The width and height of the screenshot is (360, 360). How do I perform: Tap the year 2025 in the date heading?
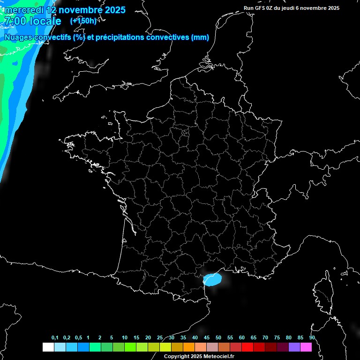[x=112, y=9]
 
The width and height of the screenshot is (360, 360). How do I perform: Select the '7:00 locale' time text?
[x=33, y=21]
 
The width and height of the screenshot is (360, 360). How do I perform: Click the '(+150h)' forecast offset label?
[x=83, y=21]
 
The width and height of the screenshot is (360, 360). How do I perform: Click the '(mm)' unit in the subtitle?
[x=200, y=37]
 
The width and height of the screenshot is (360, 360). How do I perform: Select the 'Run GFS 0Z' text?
[x=259, y=8]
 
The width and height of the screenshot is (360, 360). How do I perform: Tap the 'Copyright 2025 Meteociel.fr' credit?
[x=199, y=356]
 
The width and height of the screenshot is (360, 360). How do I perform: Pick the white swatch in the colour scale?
[x=48, y=347]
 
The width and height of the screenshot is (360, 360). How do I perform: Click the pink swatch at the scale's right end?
[x=306, y=347]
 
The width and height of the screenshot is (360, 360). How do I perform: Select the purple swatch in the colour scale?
[x=294, y=347]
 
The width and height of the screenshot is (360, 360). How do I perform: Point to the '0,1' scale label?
[x=55, y=338]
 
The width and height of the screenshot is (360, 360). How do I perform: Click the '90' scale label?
[x=312, y=338]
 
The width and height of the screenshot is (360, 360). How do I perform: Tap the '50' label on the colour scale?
[x=218, y=338]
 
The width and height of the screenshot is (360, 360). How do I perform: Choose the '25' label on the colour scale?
[x=160, y=338]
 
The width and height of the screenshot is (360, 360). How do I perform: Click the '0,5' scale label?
[x=78, y=338]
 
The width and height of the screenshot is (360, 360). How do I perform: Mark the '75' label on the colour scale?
[x=277, y=338]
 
